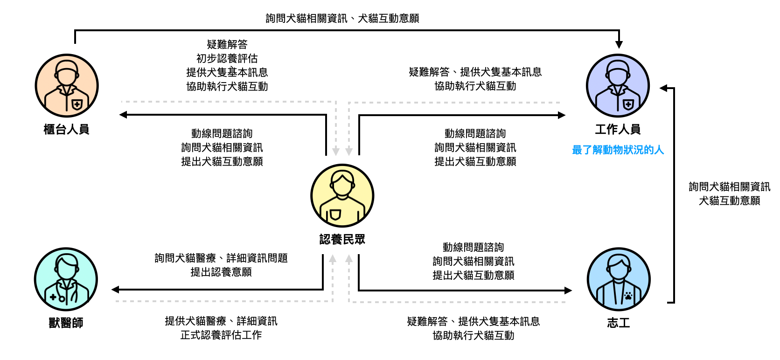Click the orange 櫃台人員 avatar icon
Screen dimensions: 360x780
67,86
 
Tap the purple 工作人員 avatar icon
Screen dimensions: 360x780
618,86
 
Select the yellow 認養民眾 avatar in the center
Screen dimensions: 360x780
342,196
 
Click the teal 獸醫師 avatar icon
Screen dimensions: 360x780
66,279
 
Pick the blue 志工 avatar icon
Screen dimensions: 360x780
619,279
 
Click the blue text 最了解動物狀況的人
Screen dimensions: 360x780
618,150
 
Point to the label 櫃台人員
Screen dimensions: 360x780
66,129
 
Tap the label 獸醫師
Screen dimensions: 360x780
66,323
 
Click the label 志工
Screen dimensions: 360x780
619,323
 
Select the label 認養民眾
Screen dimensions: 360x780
342,240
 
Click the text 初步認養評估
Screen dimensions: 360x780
227,58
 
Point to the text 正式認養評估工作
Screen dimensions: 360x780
221,335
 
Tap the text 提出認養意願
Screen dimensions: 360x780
221,272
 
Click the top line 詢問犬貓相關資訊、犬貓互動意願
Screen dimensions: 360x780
342,18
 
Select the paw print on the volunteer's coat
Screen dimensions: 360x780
628,295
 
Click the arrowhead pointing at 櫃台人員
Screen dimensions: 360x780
123,115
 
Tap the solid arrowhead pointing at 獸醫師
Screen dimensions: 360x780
115,290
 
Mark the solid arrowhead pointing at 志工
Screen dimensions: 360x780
568,290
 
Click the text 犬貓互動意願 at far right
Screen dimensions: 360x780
729,201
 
